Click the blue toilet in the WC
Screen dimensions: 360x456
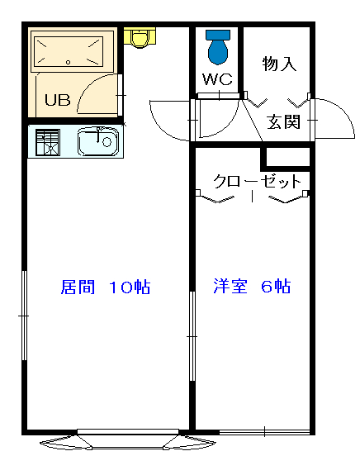(218, 46)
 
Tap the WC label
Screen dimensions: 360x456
(217, 78)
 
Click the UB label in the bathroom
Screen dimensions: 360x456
(58, 100)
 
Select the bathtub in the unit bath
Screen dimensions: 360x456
(69, 51)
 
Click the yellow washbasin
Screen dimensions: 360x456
(140, 37)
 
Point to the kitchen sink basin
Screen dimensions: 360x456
(98, 141)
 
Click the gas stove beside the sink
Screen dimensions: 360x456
(48, 142)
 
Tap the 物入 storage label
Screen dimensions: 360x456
(279, 64)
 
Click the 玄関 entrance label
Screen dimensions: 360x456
(283, 122)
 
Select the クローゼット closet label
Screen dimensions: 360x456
(257, 182)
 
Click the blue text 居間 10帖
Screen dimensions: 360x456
(106, 287)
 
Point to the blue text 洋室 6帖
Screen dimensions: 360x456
(252, 286)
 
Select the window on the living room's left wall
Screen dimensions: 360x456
(25, 316)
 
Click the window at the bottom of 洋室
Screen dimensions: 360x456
(264, 431)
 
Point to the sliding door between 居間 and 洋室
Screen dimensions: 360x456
(192, 336)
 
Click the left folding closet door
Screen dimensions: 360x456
(216, 197)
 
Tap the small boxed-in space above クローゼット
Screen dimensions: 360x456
(287, 157)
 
